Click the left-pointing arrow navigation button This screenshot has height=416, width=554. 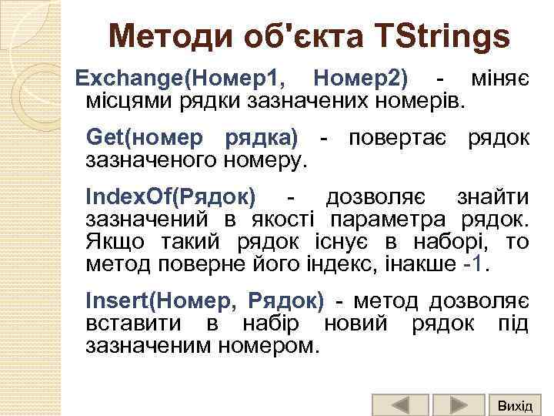[x=399, y=405]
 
